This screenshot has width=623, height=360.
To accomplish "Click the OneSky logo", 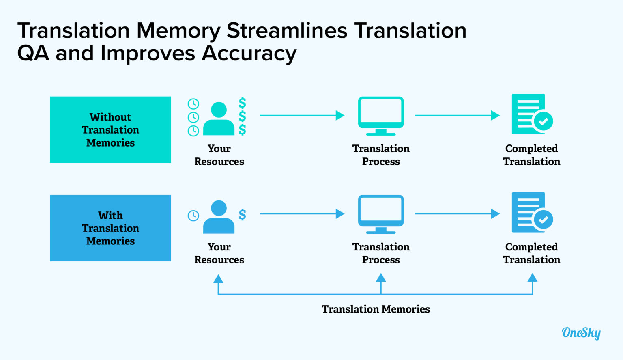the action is pos(581,333).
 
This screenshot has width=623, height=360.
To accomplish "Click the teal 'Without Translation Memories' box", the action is pos(110,129).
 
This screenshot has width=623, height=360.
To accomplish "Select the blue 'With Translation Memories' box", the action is pos(110,228).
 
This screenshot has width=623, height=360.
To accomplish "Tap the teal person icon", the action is pos(219,119).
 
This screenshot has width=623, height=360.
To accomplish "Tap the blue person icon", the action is pos(219,217).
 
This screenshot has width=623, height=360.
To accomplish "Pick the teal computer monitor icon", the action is pos(381,116).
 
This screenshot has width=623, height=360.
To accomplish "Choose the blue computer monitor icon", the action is pos(381,214).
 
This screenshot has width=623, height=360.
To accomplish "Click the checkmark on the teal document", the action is pos(543,121).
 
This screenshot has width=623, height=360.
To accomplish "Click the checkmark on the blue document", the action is pos(543,220).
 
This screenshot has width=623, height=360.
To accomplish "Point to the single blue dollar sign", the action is pos(242,214).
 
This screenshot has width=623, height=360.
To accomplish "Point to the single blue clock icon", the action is pos(193,216).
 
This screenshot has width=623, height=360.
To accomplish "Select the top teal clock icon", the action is pos(193,104).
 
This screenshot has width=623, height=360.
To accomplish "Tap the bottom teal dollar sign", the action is pos(242,129).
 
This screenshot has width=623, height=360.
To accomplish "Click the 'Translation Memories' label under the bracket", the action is pos(376,309).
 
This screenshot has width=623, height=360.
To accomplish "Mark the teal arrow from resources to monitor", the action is pos(302,115).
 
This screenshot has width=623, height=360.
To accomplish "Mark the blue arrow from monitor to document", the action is pos(458,213).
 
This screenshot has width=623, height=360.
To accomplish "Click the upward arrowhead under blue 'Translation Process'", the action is pos(381,278).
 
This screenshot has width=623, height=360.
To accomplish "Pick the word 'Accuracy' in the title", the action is pos(249,53).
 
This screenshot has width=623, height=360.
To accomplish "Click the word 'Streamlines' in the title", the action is pos(287,30).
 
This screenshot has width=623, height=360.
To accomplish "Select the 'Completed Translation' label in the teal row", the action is pos(531,155).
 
